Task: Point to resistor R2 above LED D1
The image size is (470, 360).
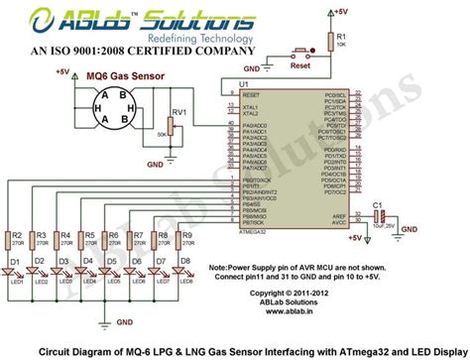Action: [x=15, y=238]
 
